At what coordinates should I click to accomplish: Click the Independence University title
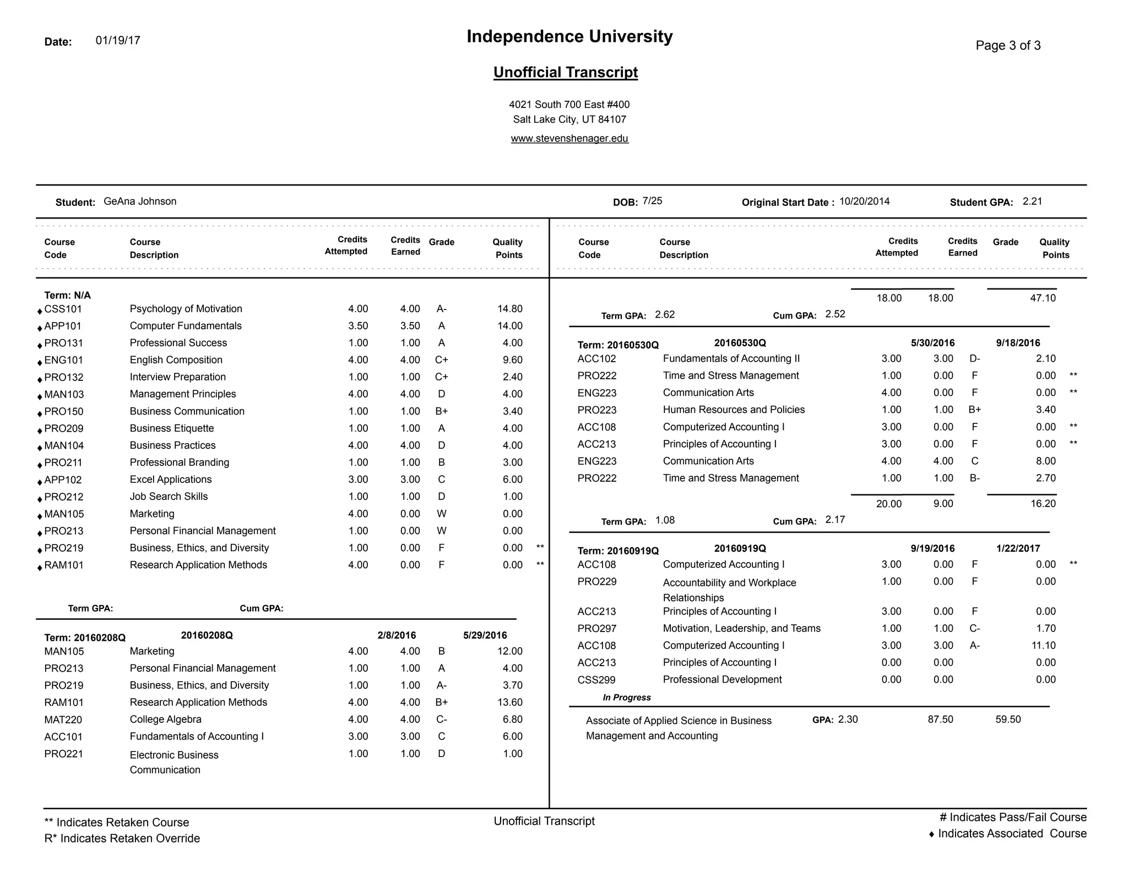click(x=570, y=36)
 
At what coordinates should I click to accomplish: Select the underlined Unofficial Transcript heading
click(x=566, y=72)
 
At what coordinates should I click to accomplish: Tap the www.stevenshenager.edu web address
click(x=570, y=138)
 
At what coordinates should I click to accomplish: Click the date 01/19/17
click(x=118, y=41)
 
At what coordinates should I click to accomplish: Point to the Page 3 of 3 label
click(x=1008, y=46)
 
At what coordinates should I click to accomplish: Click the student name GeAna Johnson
click(x=140, y=202)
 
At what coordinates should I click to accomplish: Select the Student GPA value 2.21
click(x=1032, y=202)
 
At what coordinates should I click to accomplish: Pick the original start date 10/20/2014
click(x=864, y=202)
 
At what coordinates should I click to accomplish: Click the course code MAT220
click(x=63, y=720)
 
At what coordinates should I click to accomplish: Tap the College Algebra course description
click(x=165, y=719)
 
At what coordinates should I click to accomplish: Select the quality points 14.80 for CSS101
click(x=509, y=309)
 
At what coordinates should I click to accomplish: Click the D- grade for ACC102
click(x=974, y=359)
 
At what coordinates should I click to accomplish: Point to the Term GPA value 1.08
click(x=665, y=520)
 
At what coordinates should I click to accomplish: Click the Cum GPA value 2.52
click(x=835, y=314)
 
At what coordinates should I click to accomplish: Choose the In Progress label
click(x=626, y=698)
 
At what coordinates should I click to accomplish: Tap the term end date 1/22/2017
click(x=1018, y=548)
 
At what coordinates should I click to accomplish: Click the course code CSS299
click(x=596, y=680)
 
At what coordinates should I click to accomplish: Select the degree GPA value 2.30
click(x=848, y=720)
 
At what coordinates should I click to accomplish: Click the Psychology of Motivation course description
click(x=186, y=309)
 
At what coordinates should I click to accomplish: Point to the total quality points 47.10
click(x=1043, y=298)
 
